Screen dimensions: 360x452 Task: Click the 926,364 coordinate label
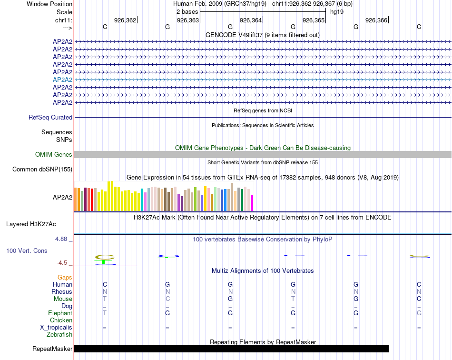[x=251, y=20]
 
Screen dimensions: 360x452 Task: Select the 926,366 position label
[x=376, y=20]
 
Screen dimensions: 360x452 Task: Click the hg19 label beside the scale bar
[x=337, y=11]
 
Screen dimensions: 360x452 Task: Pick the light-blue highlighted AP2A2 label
[x=63, y=80]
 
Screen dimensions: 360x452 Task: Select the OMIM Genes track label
[x=54, y=154]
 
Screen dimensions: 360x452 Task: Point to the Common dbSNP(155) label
[x=42, y=169]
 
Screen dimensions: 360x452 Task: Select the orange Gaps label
[x=65, y=277]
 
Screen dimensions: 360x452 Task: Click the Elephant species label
[x=60, y=313]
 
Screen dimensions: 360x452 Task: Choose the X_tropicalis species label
[x=56, y=328]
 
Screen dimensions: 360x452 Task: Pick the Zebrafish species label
[x=59, y=335]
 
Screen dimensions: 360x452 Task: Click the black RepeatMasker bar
[x=231, y=349]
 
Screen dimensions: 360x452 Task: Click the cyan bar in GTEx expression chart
[x=142, y=200]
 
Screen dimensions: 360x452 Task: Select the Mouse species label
[x=63, y=299]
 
